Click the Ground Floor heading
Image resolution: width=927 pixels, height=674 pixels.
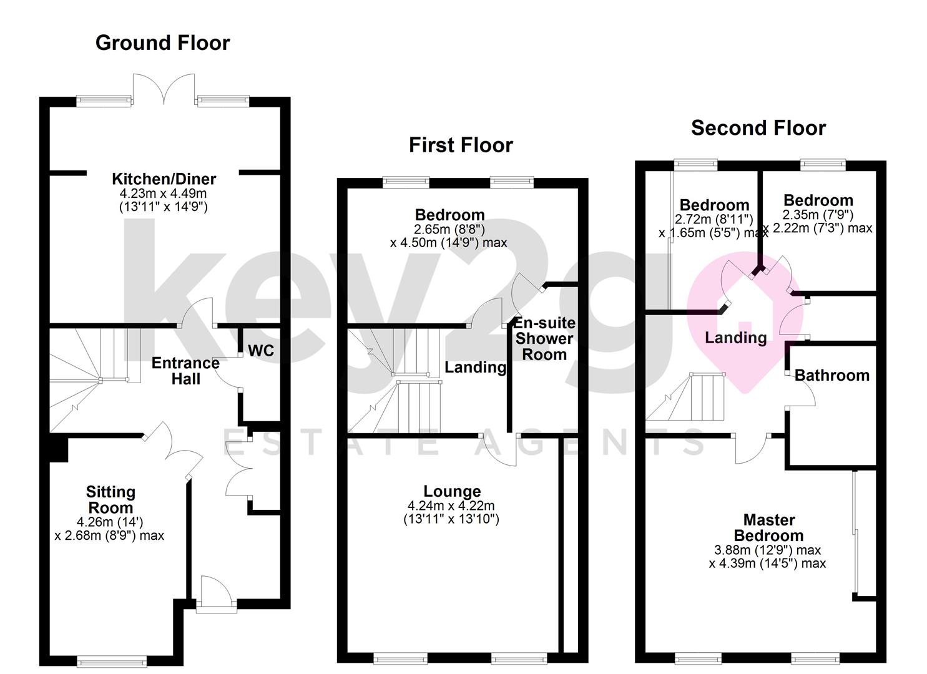pos(162,42)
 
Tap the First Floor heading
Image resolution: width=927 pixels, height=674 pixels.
pos(461,145)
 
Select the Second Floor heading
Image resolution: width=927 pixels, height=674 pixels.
pos(758,128)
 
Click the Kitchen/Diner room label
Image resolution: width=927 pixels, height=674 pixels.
pos(164,179)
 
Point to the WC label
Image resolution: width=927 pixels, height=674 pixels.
pos(261,351)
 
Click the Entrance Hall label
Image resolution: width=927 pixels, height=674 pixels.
pos(185,371)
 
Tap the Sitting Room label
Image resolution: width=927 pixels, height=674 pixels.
pos(110,500)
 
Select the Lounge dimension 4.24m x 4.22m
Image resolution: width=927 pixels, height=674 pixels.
pos(451,506)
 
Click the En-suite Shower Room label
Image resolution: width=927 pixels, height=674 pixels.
pos(544,339)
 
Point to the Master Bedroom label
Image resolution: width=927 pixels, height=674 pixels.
pos(768,528)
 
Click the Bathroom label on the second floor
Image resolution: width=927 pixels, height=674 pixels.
pos(831,375)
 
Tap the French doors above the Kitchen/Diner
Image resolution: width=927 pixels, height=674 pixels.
pos(164,89)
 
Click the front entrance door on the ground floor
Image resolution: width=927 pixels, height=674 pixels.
pos(215,593)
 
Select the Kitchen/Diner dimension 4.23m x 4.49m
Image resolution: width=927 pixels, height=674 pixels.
pos(163,193)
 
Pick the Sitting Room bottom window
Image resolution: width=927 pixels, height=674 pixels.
pos(112,661)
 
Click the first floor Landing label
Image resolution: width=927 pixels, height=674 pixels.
pos(475,367)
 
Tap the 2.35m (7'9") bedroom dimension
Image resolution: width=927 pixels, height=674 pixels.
pos(818,214)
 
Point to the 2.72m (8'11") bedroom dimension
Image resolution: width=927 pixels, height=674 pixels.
pos(714,219)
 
